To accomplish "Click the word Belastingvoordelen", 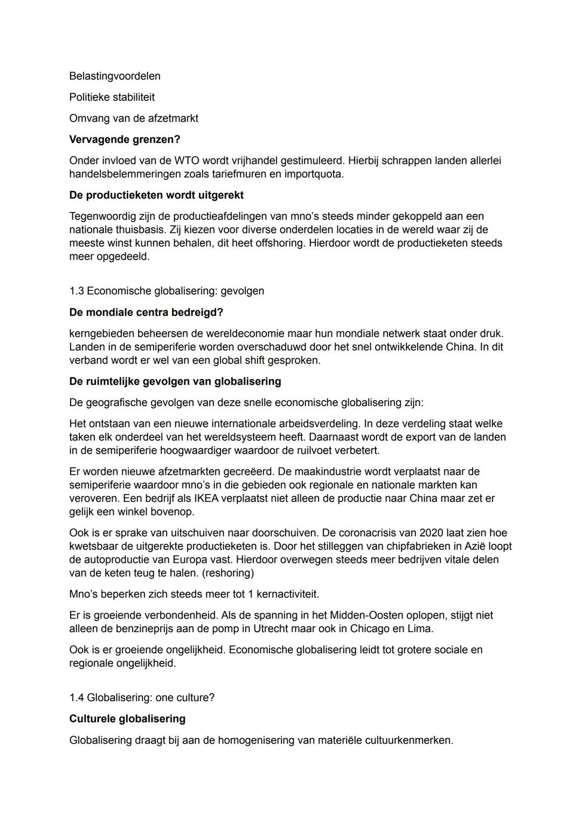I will pos(115,76).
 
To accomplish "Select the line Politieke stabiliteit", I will pos(112,97).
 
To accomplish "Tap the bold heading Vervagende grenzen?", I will pos(124,140).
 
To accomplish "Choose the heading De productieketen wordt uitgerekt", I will pos(156,195).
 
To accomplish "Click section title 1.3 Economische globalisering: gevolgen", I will pos(167,291).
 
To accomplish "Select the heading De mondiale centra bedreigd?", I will pos(146,312).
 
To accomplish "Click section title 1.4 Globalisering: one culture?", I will pos(142,698).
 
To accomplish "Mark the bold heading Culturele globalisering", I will pos(127,719).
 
